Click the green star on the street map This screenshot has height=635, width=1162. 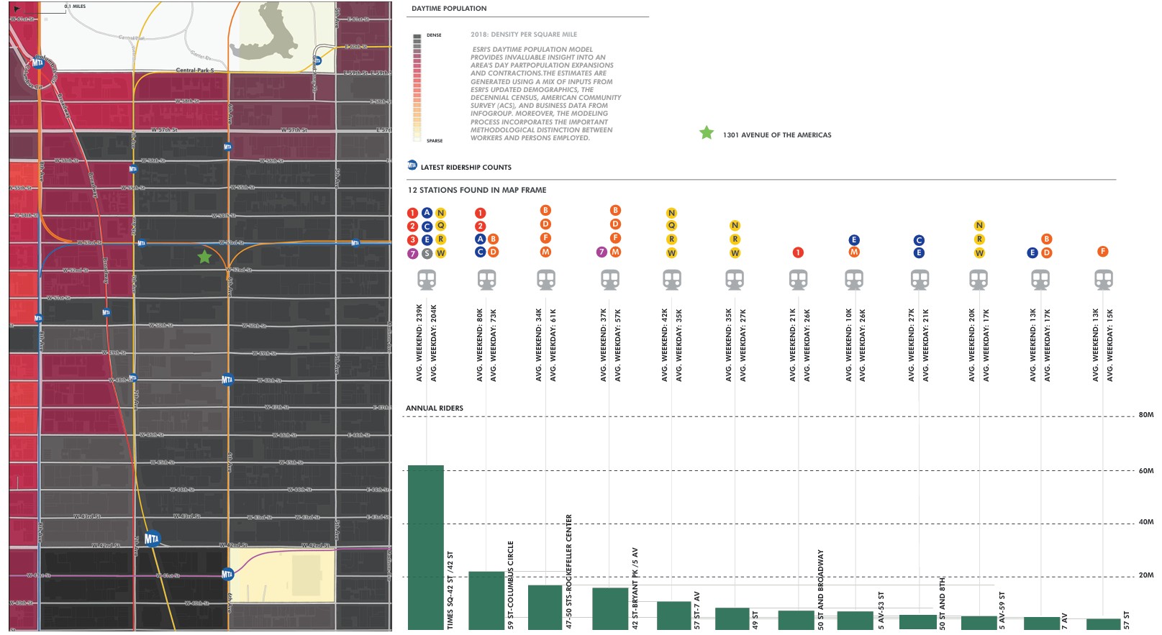pos(205,257)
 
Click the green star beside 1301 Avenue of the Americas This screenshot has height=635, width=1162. pos(707,133)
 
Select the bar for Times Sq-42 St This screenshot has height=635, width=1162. pos(425,547)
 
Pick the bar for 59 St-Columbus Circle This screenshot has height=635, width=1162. pos(486,600)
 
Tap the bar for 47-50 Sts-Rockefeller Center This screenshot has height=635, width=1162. pos(545,607)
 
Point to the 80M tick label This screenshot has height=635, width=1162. pos(1145,415)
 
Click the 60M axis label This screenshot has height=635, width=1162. pos(1145,471)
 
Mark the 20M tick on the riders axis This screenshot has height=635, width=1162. pos(1145,575)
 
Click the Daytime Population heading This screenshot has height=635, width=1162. pos(449,9)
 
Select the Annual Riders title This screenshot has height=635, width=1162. pos(435,408)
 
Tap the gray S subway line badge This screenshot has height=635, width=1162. pos(427,253)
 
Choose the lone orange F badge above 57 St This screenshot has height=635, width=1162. pos(1102,252)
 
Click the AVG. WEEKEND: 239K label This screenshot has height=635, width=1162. pos(419,343)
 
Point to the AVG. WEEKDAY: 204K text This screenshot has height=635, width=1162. pos(434,343)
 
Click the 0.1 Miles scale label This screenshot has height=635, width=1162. pos(75,6)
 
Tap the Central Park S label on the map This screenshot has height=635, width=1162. pos(194,70)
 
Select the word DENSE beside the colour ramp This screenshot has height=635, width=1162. pos(434,35)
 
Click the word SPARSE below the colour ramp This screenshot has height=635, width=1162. pos(435,141)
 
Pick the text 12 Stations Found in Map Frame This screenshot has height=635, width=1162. pos(477,190)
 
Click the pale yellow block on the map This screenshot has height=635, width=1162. pos(282,575)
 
